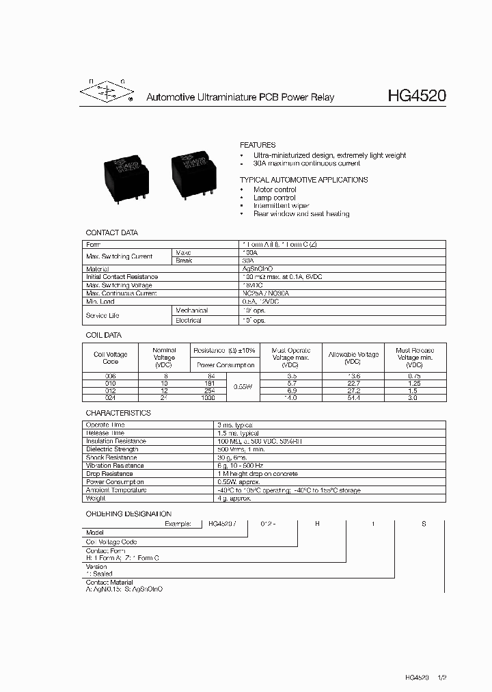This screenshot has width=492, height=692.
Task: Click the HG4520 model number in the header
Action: [416, 96]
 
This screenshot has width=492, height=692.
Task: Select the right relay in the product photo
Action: [195, 170]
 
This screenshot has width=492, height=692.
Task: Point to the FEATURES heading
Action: [258, 145]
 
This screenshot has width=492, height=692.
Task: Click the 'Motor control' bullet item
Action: [275, 189]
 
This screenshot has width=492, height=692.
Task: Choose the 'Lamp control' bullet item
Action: [273, 198]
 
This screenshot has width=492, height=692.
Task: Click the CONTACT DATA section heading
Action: [111, 233]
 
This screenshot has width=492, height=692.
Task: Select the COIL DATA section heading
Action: [103, 335]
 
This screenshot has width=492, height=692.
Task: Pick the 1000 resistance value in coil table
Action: [208, 397]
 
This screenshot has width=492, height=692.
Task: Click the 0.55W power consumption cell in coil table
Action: [242, 386]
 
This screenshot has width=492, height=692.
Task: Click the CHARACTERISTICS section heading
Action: [118, 414]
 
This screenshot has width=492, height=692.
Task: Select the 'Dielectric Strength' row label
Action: [111, 449]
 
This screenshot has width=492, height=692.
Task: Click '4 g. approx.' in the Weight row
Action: [236, 498]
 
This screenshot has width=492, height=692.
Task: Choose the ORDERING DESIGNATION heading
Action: [128, 514]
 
